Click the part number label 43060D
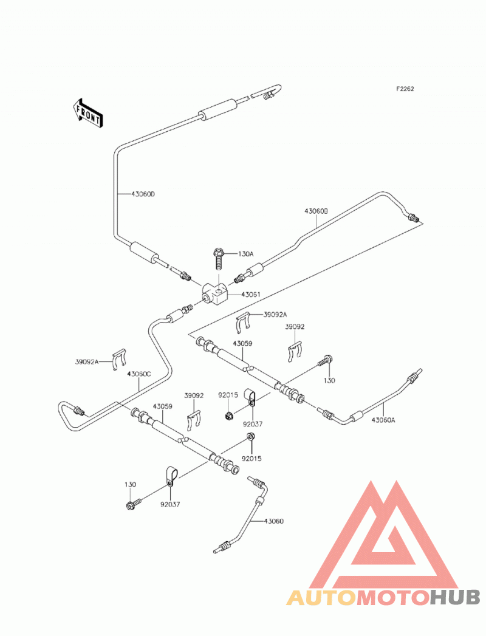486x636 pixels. coord(143,194)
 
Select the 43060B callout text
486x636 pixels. coord(316,211)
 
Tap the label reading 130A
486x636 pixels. coord(245,254)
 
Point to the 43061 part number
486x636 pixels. coord(251,295)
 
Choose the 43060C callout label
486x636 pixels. coord(139,374)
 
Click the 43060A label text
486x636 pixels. coord(383,420)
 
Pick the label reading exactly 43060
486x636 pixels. coord(274,521)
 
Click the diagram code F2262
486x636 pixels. coord(405,89)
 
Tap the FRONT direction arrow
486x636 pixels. coord(87,114)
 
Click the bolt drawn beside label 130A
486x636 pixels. coord(218,259)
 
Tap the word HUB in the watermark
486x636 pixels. coord(454,597)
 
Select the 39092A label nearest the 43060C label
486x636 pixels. coord(87,361)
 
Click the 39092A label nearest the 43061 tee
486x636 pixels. coord(275,314)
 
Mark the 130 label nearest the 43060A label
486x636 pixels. coord(329,380)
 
